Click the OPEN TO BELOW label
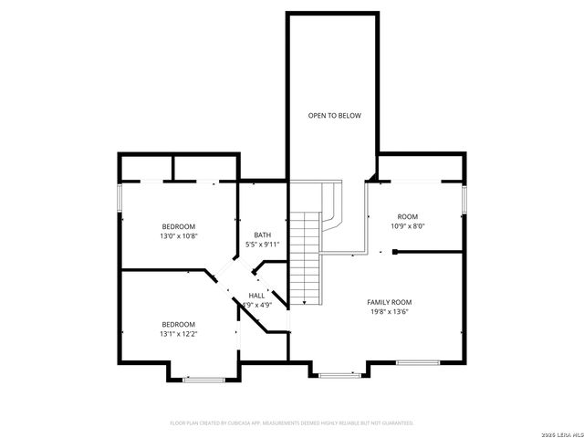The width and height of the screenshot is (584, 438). point(334,116)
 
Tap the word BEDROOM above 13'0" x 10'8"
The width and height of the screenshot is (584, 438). point(179,226)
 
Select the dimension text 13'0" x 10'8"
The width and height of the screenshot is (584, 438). point(179,235)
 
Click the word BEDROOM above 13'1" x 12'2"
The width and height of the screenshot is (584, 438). point(179,324)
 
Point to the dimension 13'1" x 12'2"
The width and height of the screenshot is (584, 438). point(179,333)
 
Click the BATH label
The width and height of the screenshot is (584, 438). point(262,235)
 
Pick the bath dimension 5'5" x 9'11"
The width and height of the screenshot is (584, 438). point(262,245)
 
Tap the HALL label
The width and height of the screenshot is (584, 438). point(256,297)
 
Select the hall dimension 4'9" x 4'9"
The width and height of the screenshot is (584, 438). point(256,306)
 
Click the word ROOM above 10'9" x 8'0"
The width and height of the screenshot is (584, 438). point(408,216)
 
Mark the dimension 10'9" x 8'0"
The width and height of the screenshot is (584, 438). point(408,225)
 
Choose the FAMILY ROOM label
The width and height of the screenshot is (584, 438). point(390,302)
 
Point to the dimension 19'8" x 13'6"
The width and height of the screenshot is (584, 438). point(390,311)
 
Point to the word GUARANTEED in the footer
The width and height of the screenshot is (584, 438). point(394,423)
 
